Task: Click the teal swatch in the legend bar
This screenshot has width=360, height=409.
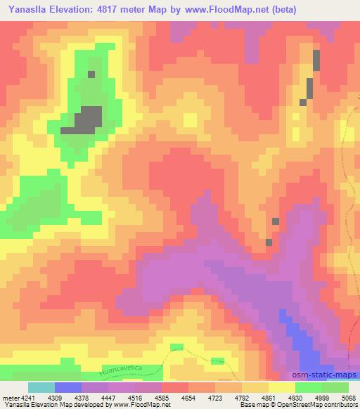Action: (41, 387)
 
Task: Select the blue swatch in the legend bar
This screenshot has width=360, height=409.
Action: (68, 387)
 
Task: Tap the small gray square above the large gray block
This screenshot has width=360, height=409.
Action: (91, 74)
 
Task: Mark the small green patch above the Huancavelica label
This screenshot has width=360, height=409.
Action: (176, 347)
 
